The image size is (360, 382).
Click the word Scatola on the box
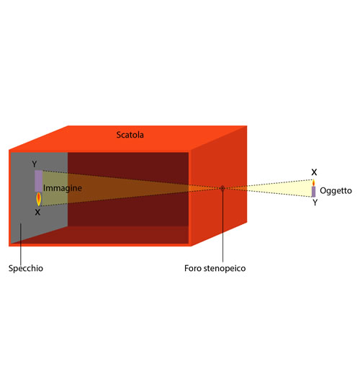coord(130,135)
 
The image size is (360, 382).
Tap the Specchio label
coord(26,268)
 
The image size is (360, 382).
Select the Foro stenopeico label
coord(215,268)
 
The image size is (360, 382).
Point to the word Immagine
coord(63,188)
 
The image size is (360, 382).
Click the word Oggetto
coord(336,191)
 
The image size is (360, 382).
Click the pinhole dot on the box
coord(222,188)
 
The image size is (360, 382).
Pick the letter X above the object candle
coord(314,172)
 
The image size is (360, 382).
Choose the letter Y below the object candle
coord(315,203)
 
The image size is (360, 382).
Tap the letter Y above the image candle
coord(35,164)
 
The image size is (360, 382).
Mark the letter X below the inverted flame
coord(37,212)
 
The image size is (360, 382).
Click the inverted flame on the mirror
coord(39,199)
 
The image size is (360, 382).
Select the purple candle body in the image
coord(38,181)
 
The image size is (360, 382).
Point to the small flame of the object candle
coord(313,183)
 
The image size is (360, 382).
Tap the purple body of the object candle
coord(313,192)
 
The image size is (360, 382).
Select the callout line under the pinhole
coord(222,226)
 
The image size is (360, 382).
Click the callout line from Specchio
coord(21,244)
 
